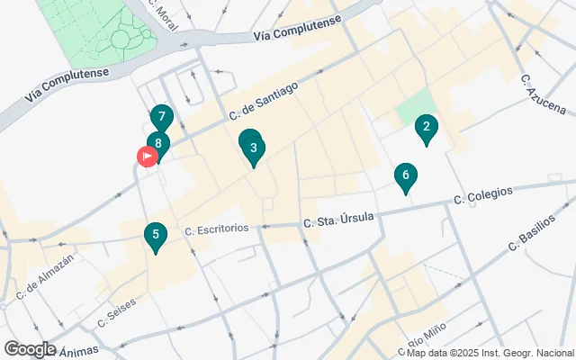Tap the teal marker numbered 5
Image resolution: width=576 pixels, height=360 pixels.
coord(156,237)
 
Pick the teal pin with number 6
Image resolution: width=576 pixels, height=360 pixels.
coord(406,176)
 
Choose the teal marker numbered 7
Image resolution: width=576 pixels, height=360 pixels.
coord(161,118)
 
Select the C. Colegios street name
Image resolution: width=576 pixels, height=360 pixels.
coord(483,195)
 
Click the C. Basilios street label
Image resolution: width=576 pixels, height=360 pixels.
coord(538,232)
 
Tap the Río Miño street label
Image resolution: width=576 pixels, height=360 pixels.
coord(428,342)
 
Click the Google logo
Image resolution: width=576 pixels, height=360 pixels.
coord(30,349)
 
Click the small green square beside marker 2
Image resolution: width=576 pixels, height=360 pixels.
coord(410,112)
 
